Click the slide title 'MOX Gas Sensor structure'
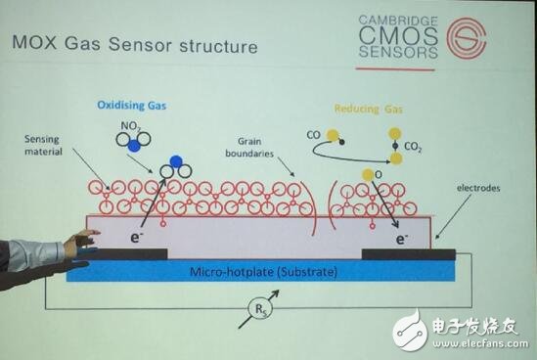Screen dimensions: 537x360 [133, 45]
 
